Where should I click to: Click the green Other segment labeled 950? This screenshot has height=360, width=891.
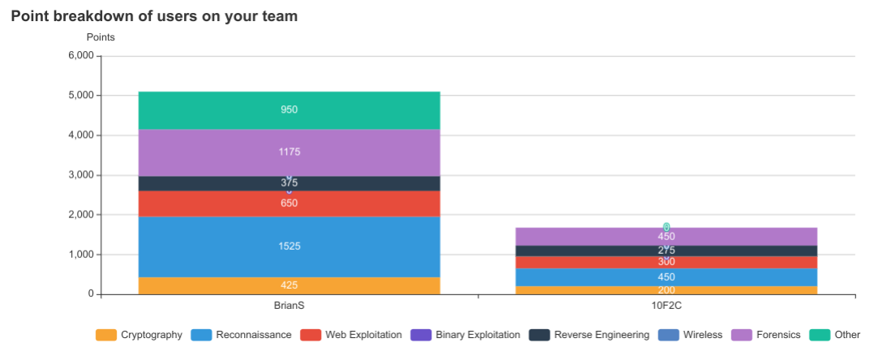pos(289,110)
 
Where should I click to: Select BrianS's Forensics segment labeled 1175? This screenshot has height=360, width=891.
pos(289,152)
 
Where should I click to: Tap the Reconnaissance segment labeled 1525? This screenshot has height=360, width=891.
pos(289,246)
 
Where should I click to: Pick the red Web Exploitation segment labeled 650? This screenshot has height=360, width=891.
pos(289,204)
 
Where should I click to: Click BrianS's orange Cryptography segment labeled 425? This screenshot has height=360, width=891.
pos(289,285)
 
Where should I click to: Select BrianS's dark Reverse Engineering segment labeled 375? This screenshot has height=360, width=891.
pos(289,183)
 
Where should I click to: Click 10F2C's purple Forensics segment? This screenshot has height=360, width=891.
pos(666,236)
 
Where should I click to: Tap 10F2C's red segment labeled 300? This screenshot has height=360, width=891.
pos(666,262)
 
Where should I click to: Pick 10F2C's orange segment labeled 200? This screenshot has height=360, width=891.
pos(666,290)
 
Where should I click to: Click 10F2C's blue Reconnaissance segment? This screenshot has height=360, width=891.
pos(666,277)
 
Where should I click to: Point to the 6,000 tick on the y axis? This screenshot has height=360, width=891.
pos(80,56)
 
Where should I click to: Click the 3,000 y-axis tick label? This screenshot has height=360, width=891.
pos(80,175)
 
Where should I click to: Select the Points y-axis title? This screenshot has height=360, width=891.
pos(101,37)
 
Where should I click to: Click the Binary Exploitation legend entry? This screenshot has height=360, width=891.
pos(466,335)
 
